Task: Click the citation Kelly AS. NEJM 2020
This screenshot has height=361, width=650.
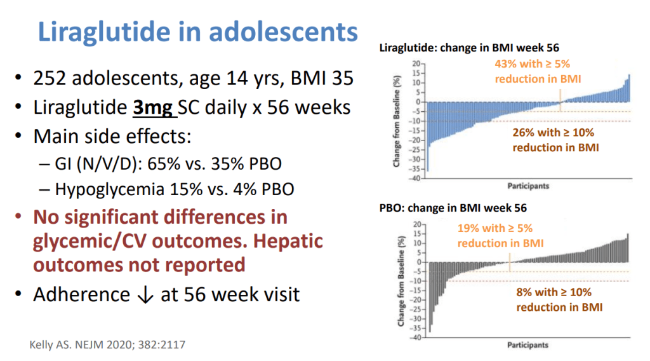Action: point(108,345)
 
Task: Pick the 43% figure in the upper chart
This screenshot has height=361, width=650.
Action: point(507,65)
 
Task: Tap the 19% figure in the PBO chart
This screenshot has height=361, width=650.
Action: point(469,229)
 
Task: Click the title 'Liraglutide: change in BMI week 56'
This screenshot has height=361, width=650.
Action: point(469,48)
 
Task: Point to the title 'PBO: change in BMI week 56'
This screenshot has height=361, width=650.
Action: point(453,208)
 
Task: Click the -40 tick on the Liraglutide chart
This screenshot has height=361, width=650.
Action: point(413,179)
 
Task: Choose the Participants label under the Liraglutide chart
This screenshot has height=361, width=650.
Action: point(528,186)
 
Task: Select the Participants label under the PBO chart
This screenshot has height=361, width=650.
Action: point(528,346)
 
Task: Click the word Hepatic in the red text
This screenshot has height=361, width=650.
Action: point(288,242)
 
